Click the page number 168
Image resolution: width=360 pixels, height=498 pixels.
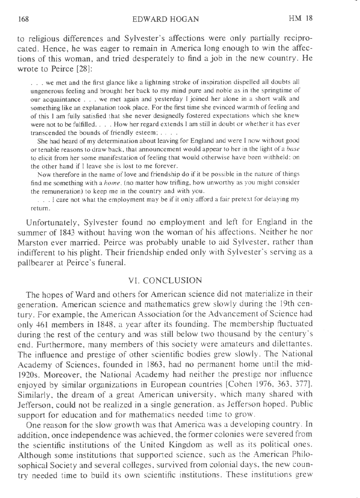[x=23, y=19]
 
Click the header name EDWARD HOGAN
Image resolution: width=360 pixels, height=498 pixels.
[x=165, y=19]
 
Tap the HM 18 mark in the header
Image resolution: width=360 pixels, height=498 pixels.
[x=301, y=18]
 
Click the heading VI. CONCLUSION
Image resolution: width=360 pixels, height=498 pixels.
[x=165, y=281]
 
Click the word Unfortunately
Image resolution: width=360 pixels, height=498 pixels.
[x=51, y=223]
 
